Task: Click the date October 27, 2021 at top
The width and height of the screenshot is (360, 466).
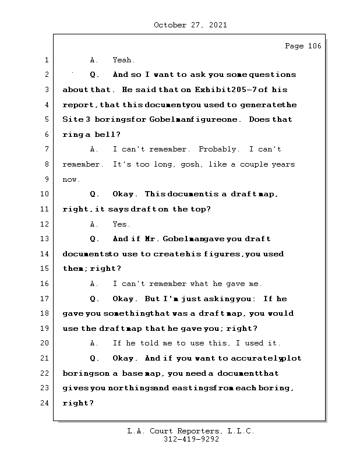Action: click(x=190, y=25)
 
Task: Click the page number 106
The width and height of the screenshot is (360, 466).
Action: click(x=312, y=47)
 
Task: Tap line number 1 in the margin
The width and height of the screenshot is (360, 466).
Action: click(x=45, y=60)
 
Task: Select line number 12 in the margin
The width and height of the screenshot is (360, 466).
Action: click(x=45, y=224)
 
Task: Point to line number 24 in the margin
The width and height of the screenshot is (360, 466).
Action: click(x=45, y=403)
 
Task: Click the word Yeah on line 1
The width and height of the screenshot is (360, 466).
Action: click(x=123, y=60)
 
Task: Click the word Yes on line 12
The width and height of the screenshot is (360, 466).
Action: click(x=121, y=224)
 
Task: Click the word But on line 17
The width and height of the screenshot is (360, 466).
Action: click(x=151, y=299)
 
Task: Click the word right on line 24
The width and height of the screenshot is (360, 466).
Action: click(x=76, y=403)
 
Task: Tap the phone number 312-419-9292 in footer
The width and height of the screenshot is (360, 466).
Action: click(x=190, y=440)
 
